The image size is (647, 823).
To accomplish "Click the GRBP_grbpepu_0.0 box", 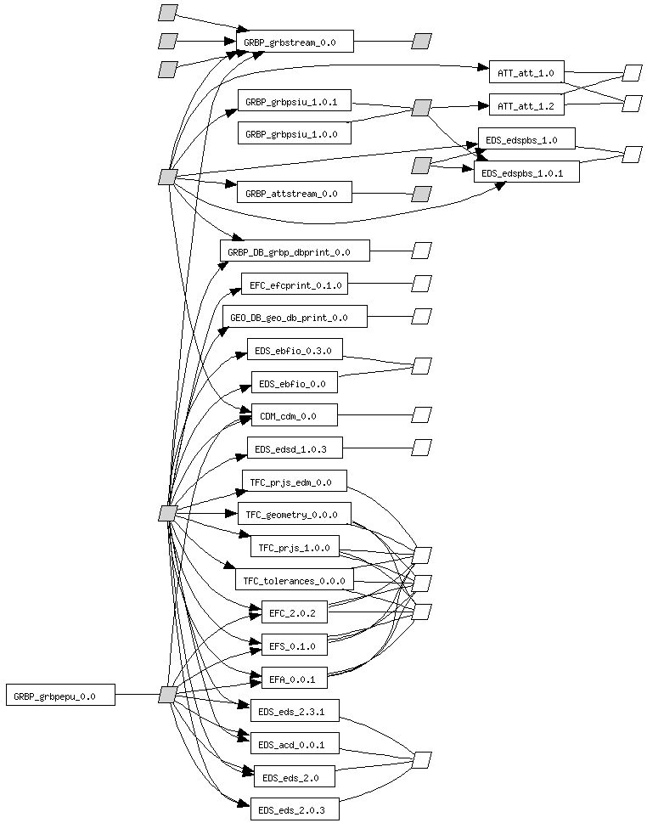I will coord(60,696).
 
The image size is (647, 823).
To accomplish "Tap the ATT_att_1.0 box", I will coord(526,73).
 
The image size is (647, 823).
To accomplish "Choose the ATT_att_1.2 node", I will coord(526,106).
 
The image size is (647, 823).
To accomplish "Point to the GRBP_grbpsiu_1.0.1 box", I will coord(294,102).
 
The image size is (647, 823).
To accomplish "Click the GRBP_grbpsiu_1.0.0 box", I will coord(294,133).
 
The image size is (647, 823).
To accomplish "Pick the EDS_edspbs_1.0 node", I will coord(527,138).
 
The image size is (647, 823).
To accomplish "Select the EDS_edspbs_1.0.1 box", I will coord(526,172).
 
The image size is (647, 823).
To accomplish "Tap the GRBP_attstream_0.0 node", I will coord(294,194).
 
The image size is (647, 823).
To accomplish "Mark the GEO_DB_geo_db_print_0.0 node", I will coord(295,317).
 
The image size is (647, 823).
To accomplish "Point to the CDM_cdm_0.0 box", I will coord(294,415).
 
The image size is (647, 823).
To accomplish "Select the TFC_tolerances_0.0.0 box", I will coord(294,581).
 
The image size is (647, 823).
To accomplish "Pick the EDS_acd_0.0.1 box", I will coord(295,744).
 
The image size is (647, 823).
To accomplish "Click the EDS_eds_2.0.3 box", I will coord(294,809).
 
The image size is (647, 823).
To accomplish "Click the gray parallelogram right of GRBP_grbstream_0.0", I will coord(422,41).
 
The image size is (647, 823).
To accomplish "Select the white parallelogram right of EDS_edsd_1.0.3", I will coord(422,447).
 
